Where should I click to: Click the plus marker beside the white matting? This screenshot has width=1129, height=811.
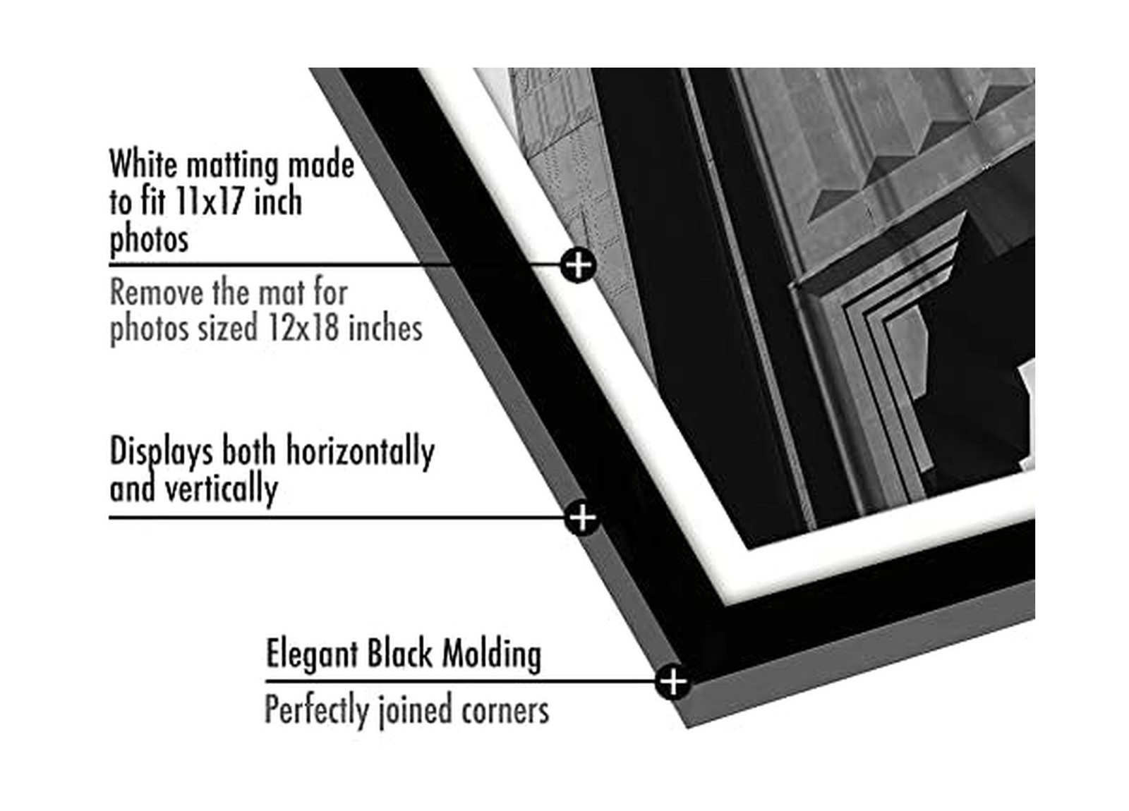[579, 265]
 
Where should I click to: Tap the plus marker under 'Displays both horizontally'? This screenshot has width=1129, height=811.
[582, 518]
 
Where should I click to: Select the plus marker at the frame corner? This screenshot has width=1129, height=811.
[673, 682]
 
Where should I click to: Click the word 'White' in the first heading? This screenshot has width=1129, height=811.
[143, 165]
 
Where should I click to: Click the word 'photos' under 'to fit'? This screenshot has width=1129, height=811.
[149, 240]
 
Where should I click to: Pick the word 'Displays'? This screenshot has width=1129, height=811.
[161, 452]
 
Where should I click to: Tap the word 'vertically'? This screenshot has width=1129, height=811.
[221, 489]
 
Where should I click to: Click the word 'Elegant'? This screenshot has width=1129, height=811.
[312, 655]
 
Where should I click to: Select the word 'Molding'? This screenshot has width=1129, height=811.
[492, 654]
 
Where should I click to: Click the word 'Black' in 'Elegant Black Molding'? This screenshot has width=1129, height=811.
[400, 654]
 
